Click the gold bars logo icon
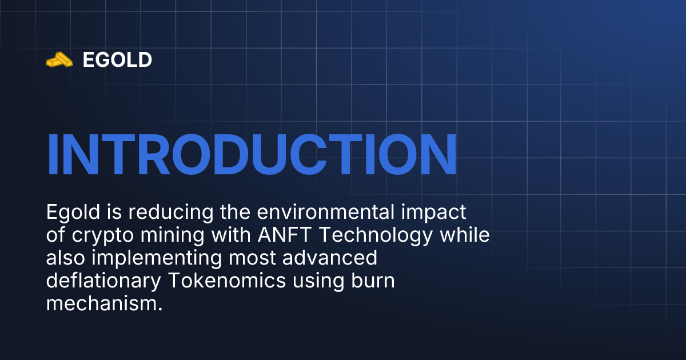click(59, 59)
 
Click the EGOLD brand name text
click(117, 59)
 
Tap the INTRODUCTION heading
click(252, 154)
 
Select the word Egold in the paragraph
click(73, 212)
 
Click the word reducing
click(171, 212)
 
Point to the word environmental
click(326, 212)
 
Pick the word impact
click(434, 213)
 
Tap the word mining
click(173, 235)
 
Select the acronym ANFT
click(285, 235)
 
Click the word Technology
click(376, 235)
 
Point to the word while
click(465, 234)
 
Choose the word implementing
click(157, 258)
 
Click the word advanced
click(329, 258)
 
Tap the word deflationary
click(103, 281)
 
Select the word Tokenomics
click(227, 281)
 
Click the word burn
click(373, 281)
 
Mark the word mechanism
click(105, 303)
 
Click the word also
click(66, 258)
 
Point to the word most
click(252, 258)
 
